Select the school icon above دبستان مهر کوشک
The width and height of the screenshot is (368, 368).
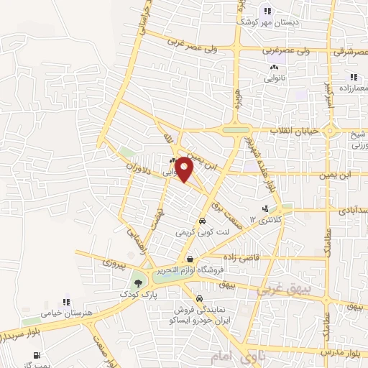267,10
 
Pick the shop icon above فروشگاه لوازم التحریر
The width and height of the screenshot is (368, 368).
188,259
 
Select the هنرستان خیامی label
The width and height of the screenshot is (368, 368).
66,313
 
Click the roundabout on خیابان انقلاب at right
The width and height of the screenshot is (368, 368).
330,132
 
